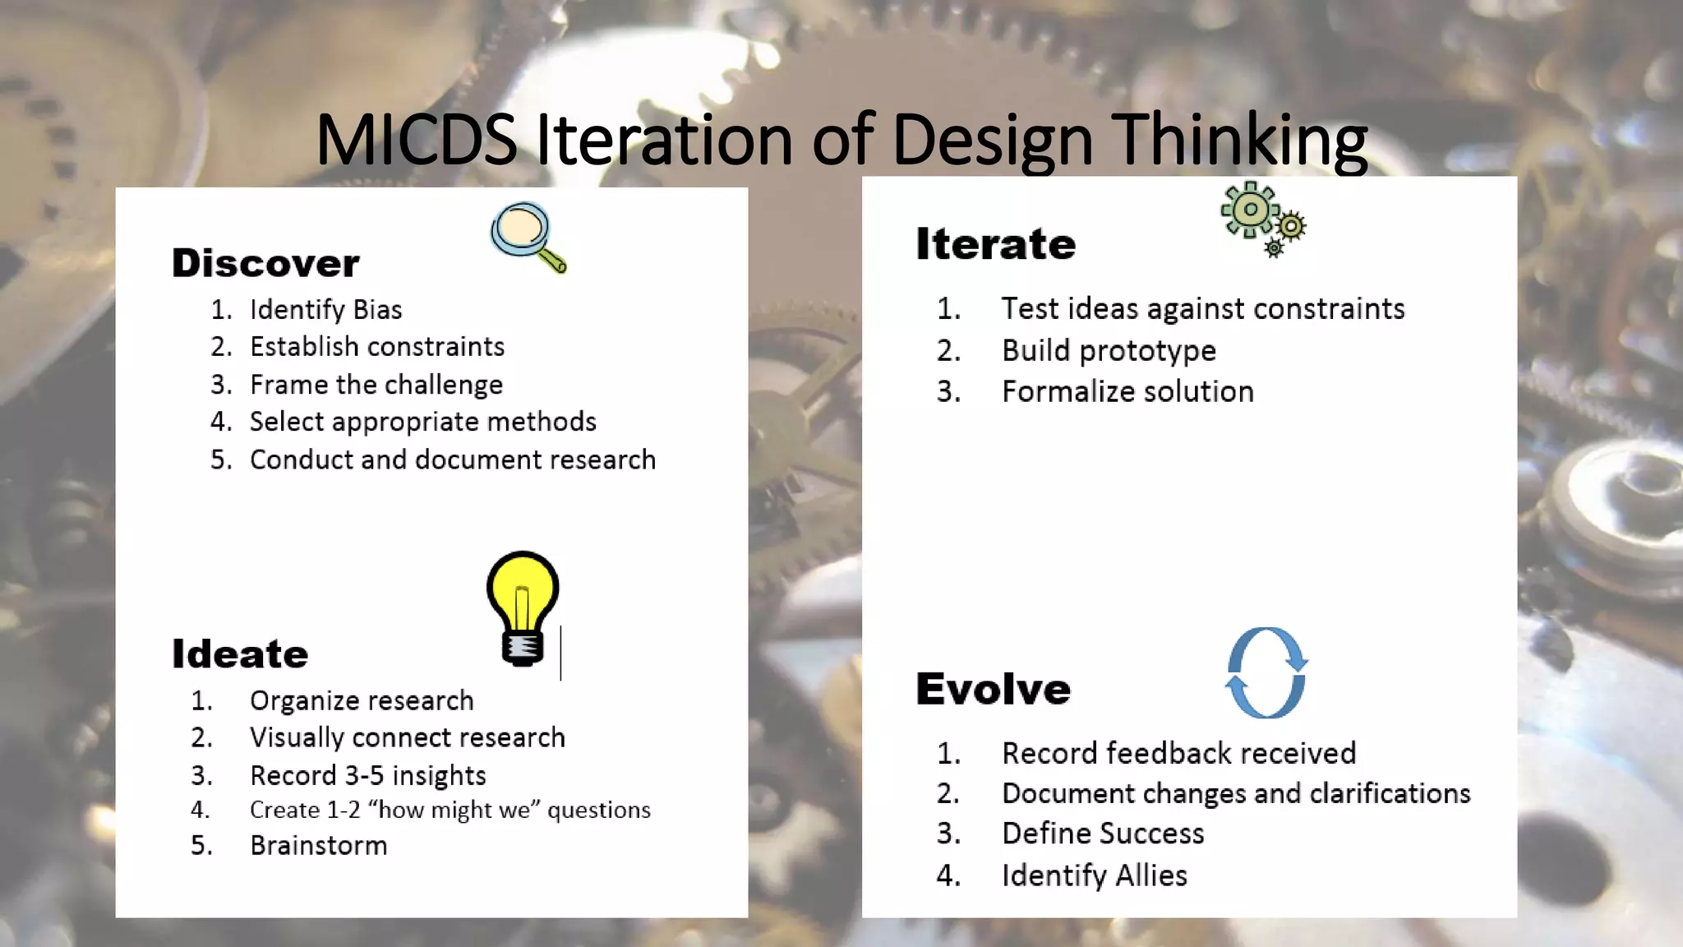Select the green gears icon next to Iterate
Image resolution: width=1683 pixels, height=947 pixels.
(1261, 218)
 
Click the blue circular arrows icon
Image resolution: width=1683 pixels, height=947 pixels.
(1266, 672)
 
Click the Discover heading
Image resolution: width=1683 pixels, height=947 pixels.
(265, 263)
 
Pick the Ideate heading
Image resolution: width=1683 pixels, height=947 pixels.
(240, 654)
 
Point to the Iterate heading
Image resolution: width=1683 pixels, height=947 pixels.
(995, 244)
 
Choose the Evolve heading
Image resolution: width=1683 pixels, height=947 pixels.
(994, 689)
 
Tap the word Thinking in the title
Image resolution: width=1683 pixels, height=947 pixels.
(1239, 140)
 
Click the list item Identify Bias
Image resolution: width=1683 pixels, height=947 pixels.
(325, 310)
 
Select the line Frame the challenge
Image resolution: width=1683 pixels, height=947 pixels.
(376, 385)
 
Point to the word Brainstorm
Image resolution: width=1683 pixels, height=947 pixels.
(319, 846)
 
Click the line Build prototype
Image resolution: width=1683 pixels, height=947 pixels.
(1109, 351)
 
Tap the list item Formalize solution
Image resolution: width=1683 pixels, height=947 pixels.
(1127, 392)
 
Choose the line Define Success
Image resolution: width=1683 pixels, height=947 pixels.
(1103, 834)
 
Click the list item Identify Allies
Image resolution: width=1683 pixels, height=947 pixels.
(1095, 875)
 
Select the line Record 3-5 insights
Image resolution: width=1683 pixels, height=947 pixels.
(368, 776)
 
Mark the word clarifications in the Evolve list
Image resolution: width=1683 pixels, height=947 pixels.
(1390, 793)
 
